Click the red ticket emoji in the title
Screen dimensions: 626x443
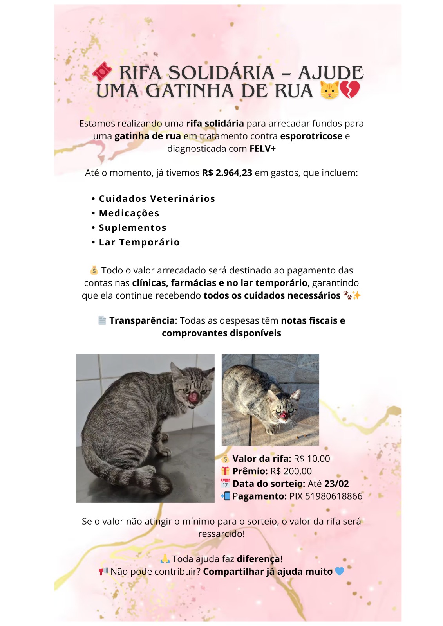(x=102, y=72)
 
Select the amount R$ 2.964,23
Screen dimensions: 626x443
(x=227, y=173)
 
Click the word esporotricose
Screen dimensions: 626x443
(x=311, y=136)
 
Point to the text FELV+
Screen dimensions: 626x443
(x=262, y=149)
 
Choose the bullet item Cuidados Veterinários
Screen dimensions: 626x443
(x=157, y=199)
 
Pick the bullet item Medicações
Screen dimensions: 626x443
(x=129, y=213)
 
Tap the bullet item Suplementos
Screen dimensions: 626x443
(x=132, y=228)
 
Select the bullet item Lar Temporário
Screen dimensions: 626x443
(x=139, y=242)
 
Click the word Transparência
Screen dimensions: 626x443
(x=142, y=321)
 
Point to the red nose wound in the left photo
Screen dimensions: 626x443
(x=193, y=398)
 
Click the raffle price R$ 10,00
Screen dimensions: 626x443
(x=312, y=459)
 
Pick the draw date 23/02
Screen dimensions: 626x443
(x=336, y=484)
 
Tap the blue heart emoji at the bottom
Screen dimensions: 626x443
(x=340, y=571)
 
